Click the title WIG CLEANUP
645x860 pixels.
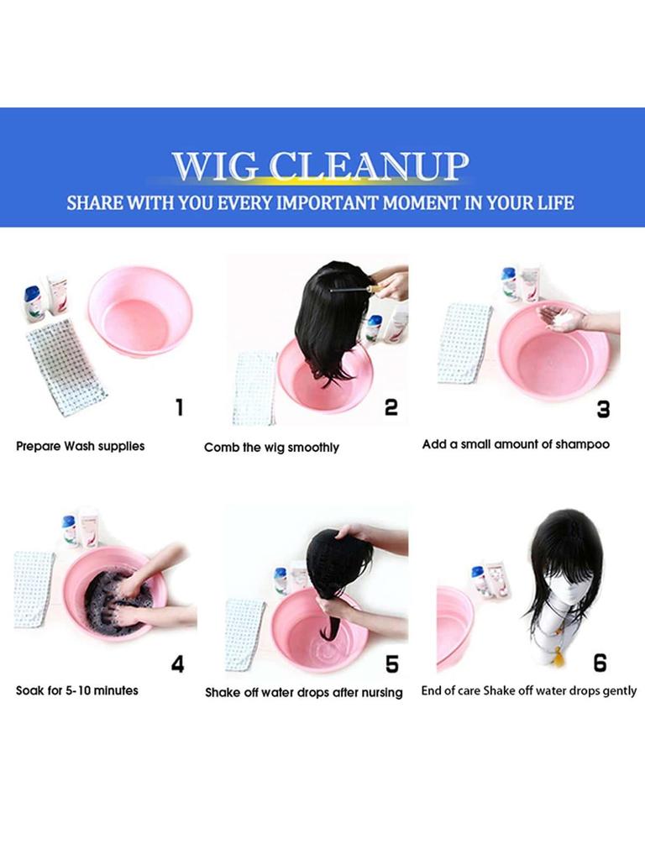point(321,165)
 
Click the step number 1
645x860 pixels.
point(179,407)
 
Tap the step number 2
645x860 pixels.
point(391,407)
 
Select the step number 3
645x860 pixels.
point(603,409)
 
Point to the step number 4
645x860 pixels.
point(178,664)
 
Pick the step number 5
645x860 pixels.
point(391,664)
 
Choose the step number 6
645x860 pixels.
point(600,663)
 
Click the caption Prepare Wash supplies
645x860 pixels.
point(80,446)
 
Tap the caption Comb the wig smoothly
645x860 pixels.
point(271,448)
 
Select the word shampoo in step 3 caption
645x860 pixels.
point(583,444)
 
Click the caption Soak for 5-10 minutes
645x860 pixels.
point(76,690)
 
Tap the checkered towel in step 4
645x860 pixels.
point(34,589)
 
